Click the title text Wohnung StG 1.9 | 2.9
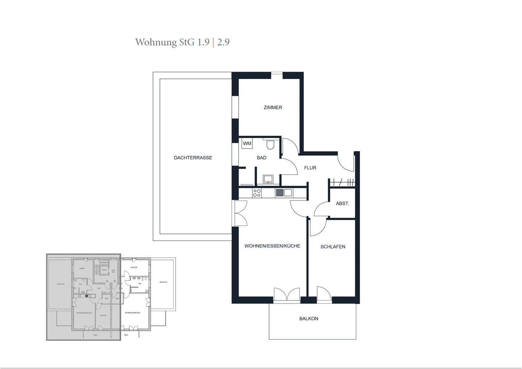pyautogui.click(x=182, y=42)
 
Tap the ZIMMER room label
pyautogui.click(x=273, y=107)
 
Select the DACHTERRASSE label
pyautogui.click(x=193, y=158)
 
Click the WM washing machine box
pyautogui.click(x=247, y=144)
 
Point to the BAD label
pyautogui.click(x=261, y=158)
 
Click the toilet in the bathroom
pyautogui.click(x=270, y=145)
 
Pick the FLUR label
pyautogui.click(x=310, y=168)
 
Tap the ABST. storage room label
pyautogui.click(x=342, y=204)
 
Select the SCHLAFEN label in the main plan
pyautogui.click(x=333, y=247)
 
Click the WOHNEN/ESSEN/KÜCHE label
pyautogui.click(x=272, y=246)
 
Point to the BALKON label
pyautogui.click(x=308, y=319)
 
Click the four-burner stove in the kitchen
pyautogui.click(x=257, y=193)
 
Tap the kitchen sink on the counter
pyautogui.click(x=284, y=193)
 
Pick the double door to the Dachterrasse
pyautogui.click(x=240, y=214)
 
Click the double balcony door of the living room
pyautogui.click(x=287, y=294)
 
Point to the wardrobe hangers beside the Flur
pyautogui.click(x=342, y=182)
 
